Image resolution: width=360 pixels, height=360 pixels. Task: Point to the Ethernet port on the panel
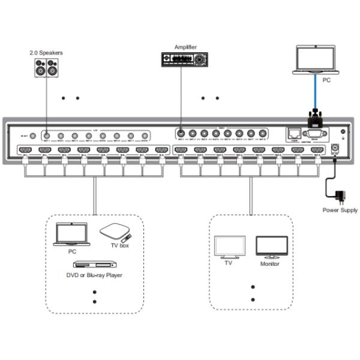pos(293,133)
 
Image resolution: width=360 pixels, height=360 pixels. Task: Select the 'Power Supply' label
pos(340,211)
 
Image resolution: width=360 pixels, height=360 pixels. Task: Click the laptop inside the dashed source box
pos(71,235)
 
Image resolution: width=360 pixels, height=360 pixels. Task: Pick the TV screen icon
pos(228,247)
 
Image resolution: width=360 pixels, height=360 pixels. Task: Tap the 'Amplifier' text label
pos(185,46)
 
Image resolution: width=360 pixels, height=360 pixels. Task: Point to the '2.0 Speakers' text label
pos(46,53)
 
